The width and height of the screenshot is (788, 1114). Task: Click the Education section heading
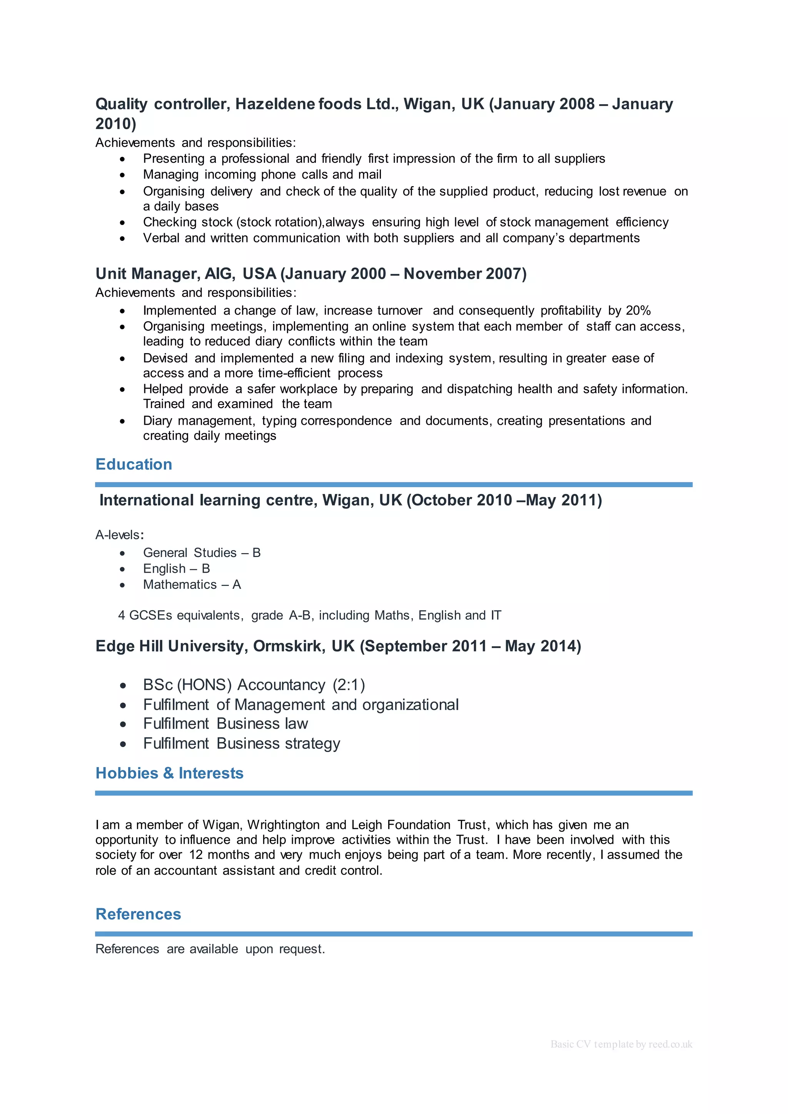coord(134,464)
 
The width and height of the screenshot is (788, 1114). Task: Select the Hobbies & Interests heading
coord(169,773)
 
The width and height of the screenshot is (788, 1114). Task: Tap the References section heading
coord(138,914)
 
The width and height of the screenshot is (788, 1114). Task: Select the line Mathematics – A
coord(192,585)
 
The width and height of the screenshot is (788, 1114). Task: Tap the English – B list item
coord(176,569)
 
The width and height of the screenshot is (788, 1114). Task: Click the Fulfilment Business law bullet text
coord(225,724)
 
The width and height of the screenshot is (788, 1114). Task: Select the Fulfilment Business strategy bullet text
coord(241,743)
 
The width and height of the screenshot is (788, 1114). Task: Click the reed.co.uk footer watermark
coord(621,1044)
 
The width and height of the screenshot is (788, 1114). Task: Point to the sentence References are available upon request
coord(210,949)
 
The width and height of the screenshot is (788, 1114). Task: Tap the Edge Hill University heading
coord(338,646)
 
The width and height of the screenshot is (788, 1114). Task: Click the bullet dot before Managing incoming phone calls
coord(122,175)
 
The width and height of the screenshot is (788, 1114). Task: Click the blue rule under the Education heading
coord(394,484)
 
